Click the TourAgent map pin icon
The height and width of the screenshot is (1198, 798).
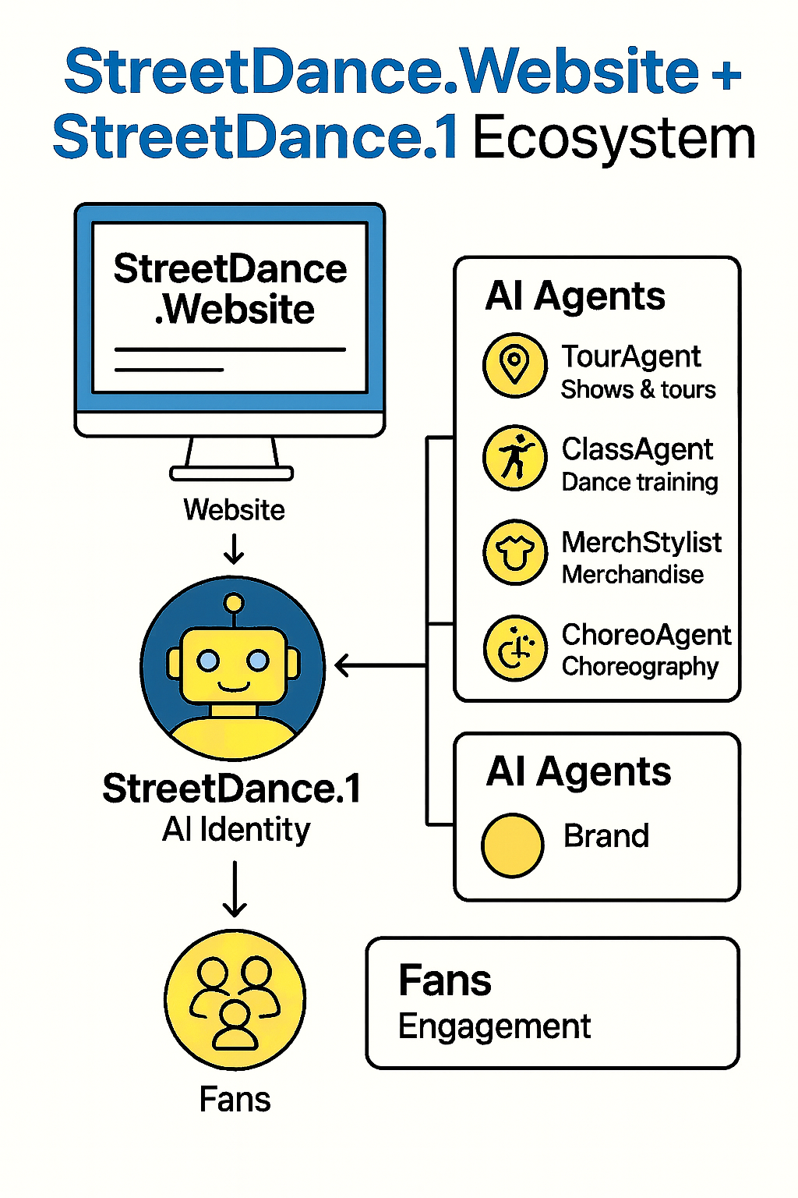click(514, 365)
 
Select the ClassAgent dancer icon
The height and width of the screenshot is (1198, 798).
click(514, 458)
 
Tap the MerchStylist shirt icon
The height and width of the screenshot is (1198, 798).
click(514, 552)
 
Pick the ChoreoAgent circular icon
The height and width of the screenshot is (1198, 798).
click(514, 648)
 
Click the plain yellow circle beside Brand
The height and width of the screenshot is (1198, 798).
click(512, 845)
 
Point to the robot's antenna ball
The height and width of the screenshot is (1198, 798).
click(233, 603)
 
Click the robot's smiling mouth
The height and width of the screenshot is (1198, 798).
click(233, 686)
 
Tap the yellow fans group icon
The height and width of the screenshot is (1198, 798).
click(235, 999)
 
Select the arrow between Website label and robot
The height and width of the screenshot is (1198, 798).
click(234, 548)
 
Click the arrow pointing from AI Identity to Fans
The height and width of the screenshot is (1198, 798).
click(235, 889)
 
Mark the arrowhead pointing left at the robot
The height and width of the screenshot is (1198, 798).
click(341, 666)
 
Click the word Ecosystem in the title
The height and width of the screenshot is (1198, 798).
click(614, 139)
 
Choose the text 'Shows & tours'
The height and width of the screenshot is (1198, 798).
click(637, 389)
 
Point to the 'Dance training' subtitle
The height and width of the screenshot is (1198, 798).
click(639, 482)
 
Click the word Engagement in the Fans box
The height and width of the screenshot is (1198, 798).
click(494, 1026)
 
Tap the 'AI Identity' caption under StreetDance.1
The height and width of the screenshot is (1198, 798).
click(235, 829)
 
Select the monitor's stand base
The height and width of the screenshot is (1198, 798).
click(231, 473)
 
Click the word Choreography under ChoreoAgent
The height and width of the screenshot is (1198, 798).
click(639, 667)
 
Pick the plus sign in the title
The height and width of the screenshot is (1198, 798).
click(726, 74)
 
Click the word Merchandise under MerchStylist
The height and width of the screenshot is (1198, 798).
click(633, 575)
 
